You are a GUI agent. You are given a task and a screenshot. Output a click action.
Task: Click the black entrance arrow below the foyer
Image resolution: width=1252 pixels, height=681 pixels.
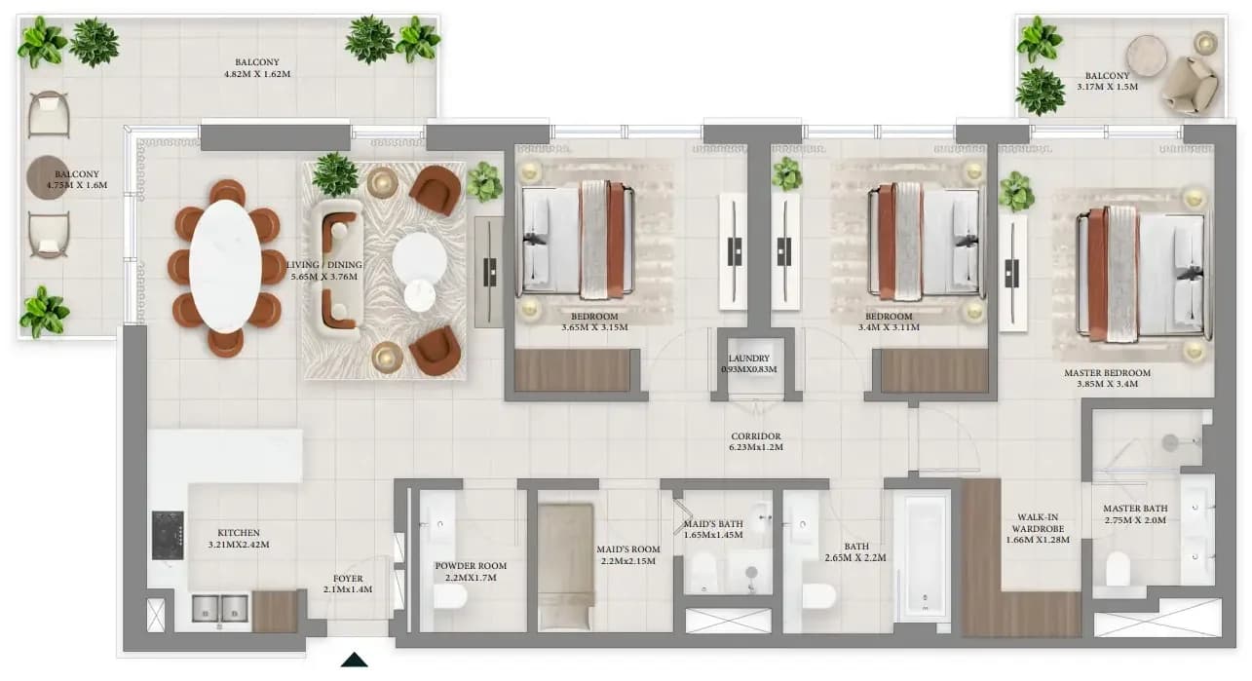point(355,660)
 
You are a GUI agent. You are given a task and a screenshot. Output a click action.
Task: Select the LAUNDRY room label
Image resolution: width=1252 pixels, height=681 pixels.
point(749,358)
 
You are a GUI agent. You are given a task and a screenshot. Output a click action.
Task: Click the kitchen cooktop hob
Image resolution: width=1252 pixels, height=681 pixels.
point(168,535)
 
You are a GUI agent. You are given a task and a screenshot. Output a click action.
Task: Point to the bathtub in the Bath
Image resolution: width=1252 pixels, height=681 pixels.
point(923,555)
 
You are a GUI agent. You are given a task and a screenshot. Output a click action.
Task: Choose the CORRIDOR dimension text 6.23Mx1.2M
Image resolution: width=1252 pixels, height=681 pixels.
point(756,447)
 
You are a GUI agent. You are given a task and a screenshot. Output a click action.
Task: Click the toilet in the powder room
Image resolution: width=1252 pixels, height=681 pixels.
point(450,596)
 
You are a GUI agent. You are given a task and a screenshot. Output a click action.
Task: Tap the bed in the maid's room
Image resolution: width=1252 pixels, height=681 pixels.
point(566,567)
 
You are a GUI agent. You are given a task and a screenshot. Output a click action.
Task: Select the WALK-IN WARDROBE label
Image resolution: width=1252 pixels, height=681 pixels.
point(1038,523)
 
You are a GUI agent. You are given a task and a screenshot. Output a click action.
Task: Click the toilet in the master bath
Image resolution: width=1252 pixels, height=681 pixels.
point(1119,569)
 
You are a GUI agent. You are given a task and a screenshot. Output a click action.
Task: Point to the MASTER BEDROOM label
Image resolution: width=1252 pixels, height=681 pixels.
point(1107,373)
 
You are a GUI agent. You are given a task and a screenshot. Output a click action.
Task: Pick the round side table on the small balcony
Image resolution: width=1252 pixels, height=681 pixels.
point(1147,56)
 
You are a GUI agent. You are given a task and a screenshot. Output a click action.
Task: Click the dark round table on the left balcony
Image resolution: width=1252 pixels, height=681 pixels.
point(47,177)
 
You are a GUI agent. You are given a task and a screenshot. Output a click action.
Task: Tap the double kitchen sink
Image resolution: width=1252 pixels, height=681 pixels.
point(219,609)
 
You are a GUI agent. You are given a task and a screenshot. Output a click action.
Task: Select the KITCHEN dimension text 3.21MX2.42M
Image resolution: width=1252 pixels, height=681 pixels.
point(239,545)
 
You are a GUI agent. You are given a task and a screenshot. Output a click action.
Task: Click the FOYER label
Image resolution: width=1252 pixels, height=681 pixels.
point(348,579)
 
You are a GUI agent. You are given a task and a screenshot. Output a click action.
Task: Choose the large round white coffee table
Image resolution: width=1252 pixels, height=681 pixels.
point(419,258)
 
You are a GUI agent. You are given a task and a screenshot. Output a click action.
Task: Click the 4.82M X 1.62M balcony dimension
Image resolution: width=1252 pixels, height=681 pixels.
point(257,74)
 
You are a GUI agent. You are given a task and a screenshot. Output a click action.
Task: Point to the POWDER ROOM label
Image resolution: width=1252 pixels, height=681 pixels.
point(471,566)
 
